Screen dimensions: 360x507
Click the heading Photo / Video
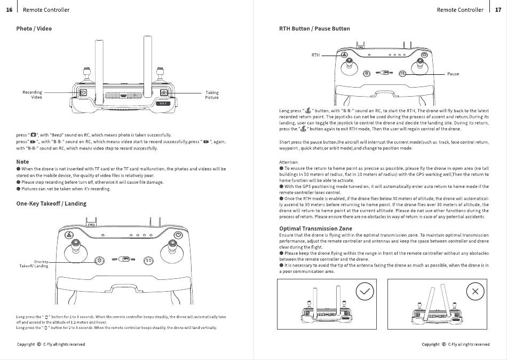tap(34, 28)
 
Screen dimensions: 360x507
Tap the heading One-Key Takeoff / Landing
tap(51, 204)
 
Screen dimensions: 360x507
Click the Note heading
tap(23, 161)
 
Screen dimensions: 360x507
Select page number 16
tap(9, 10)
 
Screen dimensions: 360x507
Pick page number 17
tap(498, 10)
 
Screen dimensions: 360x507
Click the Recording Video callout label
tap(33, 95)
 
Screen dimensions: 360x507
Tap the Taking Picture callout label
tap(212, 95)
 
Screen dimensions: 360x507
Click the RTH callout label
tap(315, 56)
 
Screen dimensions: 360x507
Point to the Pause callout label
tap(453, 74)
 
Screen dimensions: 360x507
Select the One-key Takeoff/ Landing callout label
tap(34, 263)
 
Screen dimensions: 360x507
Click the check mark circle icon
tap(365, 292)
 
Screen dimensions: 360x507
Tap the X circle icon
tap(475, 292)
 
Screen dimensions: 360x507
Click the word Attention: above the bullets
tap(289, 162)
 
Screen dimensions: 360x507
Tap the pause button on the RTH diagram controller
tap(403, 73)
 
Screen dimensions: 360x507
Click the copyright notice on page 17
tap(455, 345)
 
